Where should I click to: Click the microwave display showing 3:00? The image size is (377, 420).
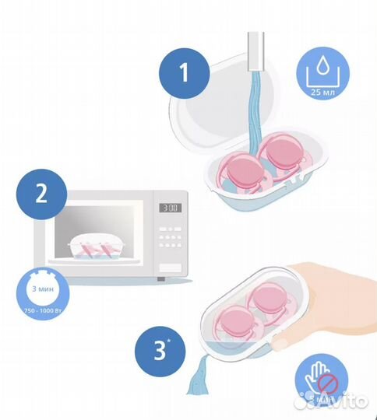click(171, 208)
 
